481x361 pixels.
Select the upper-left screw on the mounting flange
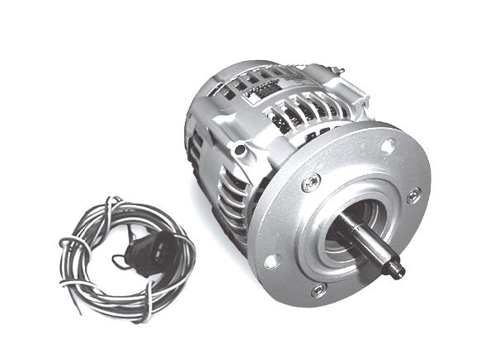pos(309,183)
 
